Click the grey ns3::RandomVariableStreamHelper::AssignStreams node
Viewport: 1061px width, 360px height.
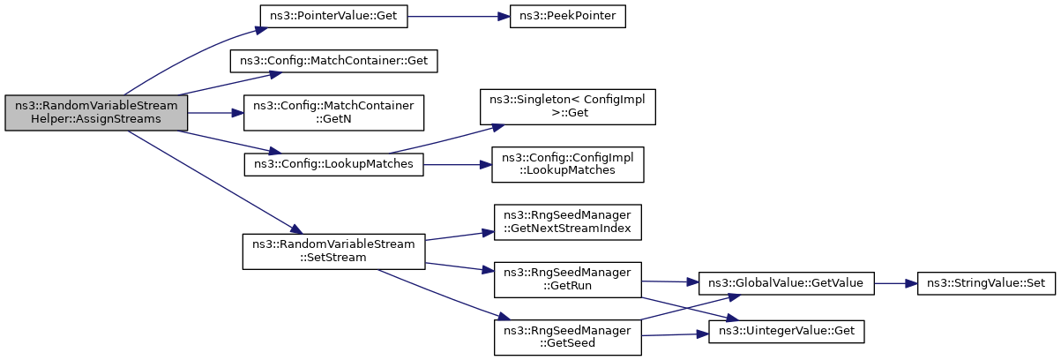click(96, 113)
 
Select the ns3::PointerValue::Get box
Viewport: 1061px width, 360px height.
click(333, 16)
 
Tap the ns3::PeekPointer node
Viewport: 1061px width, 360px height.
click(567, 16)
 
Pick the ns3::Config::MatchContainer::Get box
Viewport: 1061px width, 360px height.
click(333, 61)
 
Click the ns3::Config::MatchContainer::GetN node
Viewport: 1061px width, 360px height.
click(333, 113)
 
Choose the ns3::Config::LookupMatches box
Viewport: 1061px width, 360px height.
click(333, 164)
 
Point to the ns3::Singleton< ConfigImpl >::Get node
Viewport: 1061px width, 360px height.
click(567, 107)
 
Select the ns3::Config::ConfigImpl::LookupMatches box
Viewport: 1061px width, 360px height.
click(567, 164)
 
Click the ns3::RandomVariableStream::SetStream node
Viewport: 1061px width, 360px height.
click(333, 251)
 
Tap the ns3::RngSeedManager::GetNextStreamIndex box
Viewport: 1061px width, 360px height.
click(567, 222)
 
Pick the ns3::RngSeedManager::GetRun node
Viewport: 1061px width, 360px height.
click(567, 280)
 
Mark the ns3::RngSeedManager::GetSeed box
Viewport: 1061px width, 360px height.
click(567, 337)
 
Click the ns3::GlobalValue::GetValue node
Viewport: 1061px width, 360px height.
click(787, 283)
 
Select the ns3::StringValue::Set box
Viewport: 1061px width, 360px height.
click(986, 283)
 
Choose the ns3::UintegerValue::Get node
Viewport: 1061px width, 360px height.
click(787, 332)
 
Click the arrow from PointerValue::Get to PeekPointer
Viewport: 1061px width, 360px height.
click(459, 17)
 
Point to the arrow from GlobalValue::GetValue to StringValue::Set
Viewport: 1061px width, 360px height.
click(896, 283)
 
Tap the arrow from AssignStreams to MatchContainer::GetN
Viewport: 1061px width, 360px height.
click(215, 113)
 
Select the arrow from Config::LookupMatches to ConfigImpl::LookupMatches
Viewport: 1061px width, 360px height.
click(458, 164)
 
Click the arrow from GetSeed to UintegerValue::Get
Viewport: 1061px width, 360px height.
click(675, 335)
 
